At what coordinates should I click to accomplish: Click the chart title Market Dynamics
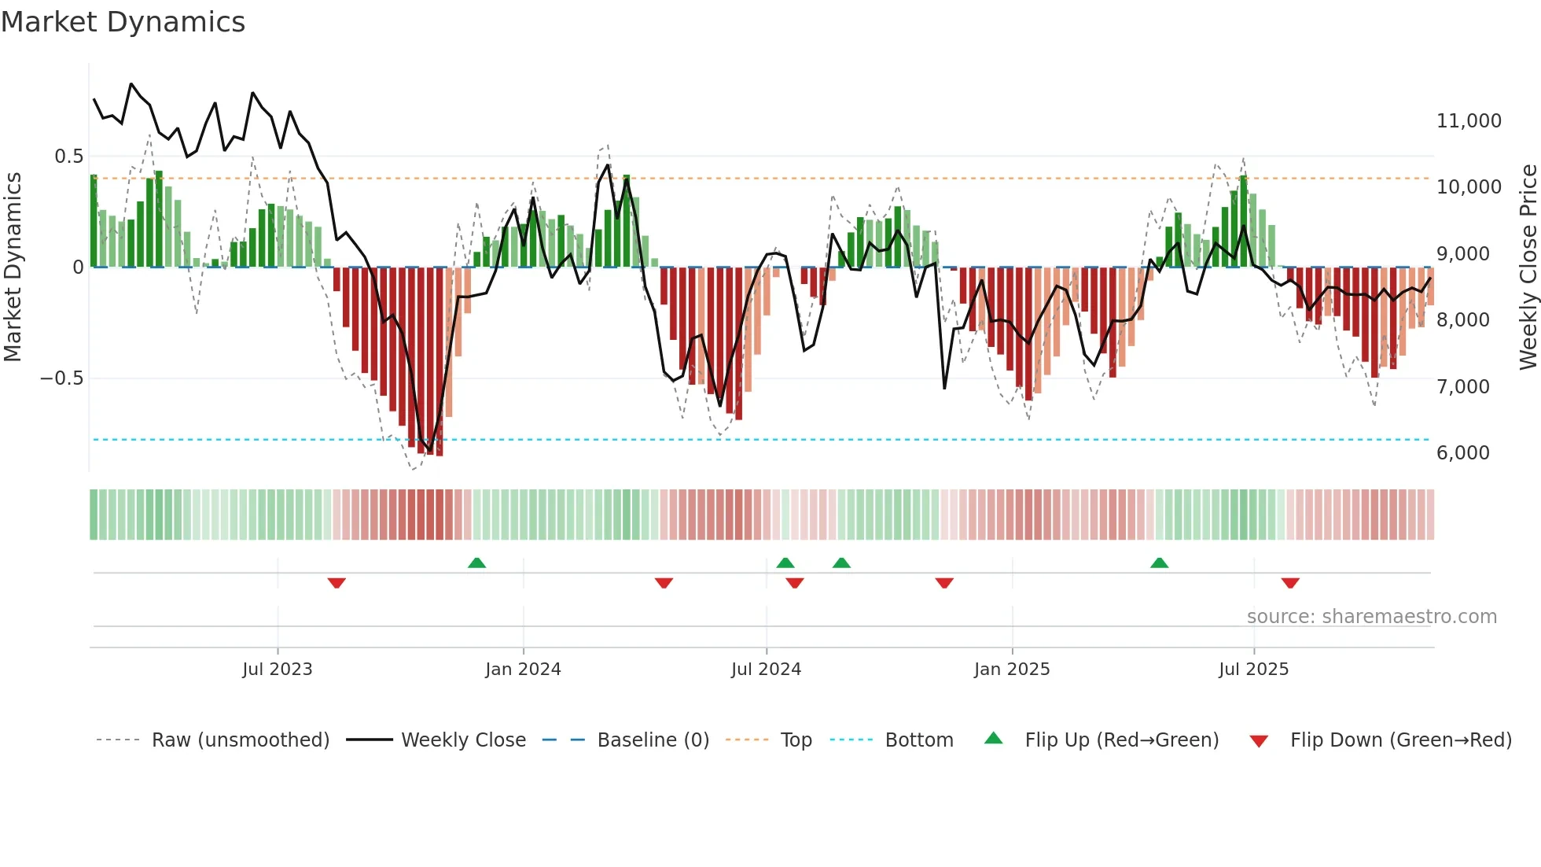coord(123,22)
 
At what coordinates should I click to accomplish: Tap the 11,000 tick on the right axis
coord(1468,121)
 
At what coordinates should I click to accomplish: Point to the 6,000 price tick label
coord(1462,453)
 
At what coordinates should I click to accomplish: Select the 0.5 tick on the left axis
coord(68,157)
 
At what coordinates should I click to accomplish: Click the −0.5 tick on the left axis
coord(62,378)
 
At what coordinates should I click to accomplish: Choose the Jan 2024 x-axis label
coord(523,670)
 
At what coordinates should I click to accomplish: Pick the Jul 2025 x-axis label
coord(1253,670)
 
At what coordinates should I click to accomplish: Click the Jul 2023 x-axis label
coord(277,670)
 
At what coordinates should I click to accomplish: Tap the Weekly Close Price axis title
coord(1528,267)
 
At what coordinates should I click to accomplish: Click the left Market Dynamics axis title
coord(13,267)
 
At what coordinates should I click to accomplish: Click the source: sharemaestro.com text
coord(1371,617)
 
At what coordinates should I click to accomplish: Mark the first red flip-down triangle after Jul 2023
coord(337,583)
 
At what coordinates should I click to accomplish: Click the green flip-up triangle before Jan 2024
coord(476,563)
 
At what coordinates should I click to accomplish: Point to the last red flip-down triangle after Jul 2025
coord(1290,583)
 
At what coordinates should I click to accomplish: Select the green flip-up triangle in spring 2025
coord(1159,563)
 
